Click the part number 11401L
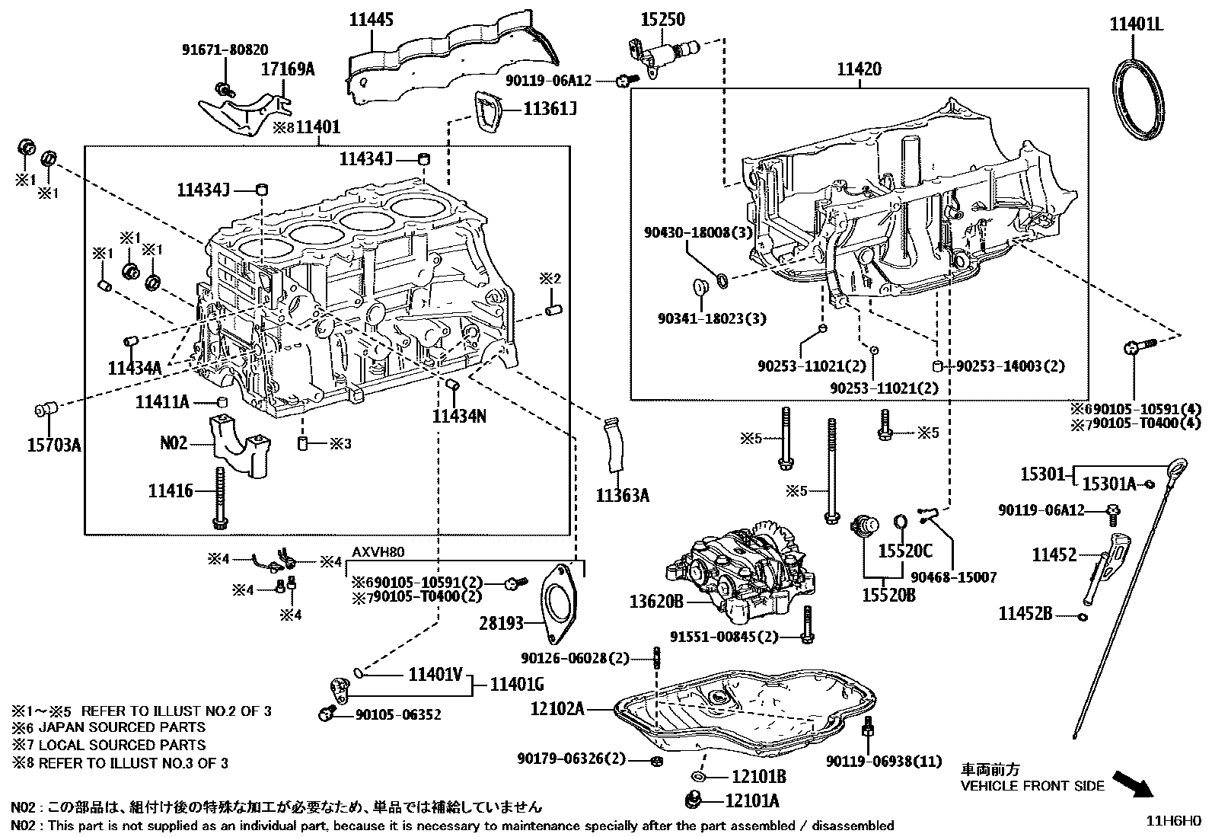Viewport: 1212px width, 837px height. click(x=1137, y=24)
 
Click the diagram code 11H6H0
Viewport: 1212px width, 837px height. click(x=1174, y=821)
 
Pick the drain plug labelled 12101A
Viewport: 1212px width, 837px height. click(x=693, y=800)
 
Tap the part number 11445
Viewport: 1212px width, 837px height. click(x=372, y=21)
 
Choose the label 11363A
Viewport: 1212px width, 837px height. click(x=622, y=496)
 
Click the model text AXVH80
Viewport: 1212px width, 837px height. click(x=378, y=552)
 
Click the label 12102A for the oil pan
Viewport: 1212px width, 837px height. click(x=557, y=709)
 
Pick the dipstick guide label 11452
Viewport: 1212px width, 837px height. click(x=1054, y=555)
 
